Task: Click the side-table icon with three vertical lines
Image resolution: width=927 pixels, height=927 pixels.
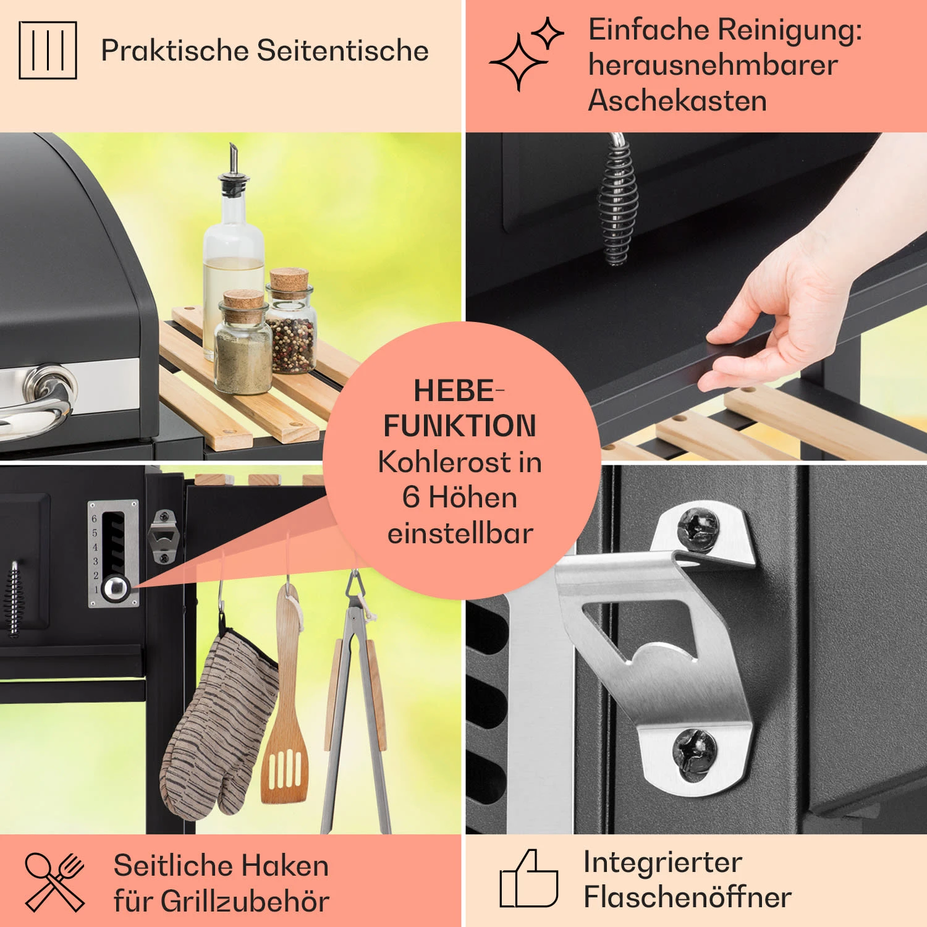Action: pyautogui.click(x=48, y=50)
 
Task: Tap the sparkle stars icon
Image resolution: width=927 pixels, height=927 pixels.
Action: pyautogui.click(x=526, y=54)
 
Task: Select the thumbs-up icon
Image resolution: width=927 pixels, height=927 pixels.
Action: pyautogui.click(x=528, y=878)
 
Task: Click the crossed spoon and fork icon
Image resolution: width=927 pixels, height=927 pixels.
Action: pyautogui.click(x=54, y=882)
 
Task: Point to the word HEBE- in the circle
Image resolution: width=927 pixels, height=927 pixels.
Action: pyautogui.click(x=459, y=391)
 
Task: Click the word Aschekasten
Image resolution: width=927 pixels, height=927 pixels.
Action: pyautogui.click(x=677, y=100)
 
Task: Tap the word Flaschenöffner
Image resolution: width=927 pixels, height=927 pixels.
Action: pyautogui.click(x=687, y=897)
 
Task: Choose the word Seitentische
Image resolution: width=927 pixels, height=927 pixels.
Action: pyautogui.click(x=343, y=50)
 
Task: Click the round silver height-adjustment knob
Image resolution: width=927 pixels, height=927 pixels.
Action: pyautogui.click(x=116, y=588)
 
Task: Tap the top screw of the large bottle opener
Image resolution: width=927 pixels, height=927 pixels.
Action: pyautogui.click(x=698, y=529)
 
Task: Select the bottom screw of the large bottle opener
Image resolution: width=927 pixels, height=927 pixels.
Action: pyautogui.click(x=695, y=752)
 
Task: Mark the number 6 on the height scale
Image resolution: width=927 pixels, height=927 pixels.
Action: pyautogui.click(x=95, y=519)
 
